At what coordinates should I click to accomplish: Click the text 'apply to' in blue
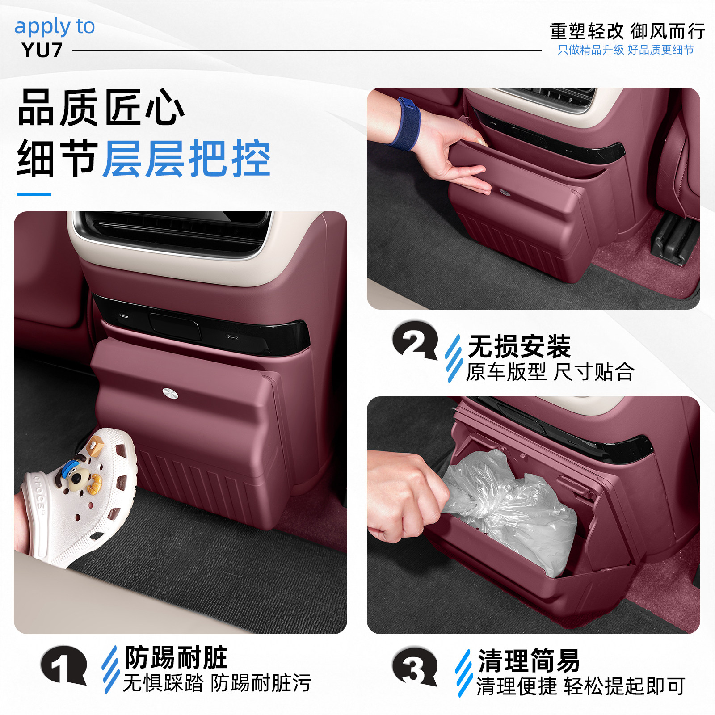pos(55,27)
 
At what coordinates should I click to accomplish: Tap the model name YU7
pos(42,50)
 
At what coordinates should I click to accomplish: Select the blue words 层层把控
pos(187,158)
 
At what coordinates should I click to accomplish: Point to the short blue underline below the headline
pos(34,194)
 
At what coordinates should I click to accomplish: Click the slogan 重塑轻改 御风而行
pos(627,31)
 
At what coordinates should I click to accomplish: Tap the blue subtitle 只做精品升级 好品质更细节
pos(626,50)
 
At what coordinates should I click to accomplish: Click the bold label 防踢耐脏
pos(176,658)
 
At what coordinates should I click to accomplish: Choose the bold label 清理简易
pos(529,660)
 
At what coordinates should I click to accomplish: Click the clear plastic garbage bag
pos(509,509)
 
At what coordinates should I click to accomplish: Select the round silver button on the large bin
pos(170,393)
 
